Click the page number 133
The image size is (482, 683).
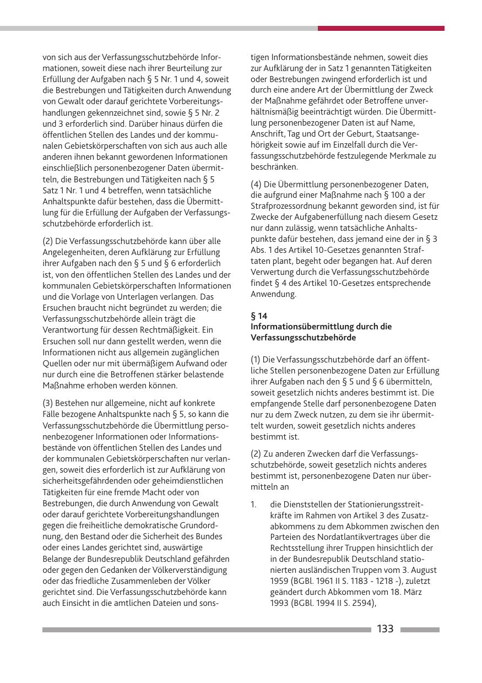385,629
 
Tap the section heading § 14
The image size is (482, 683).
259,316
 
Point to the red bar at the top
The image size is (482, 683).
381,28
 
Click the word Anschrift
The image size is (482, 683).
267,133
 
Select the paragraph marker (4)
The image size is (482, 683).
257,185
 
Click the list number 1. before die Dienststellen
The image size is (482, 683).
253,505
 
